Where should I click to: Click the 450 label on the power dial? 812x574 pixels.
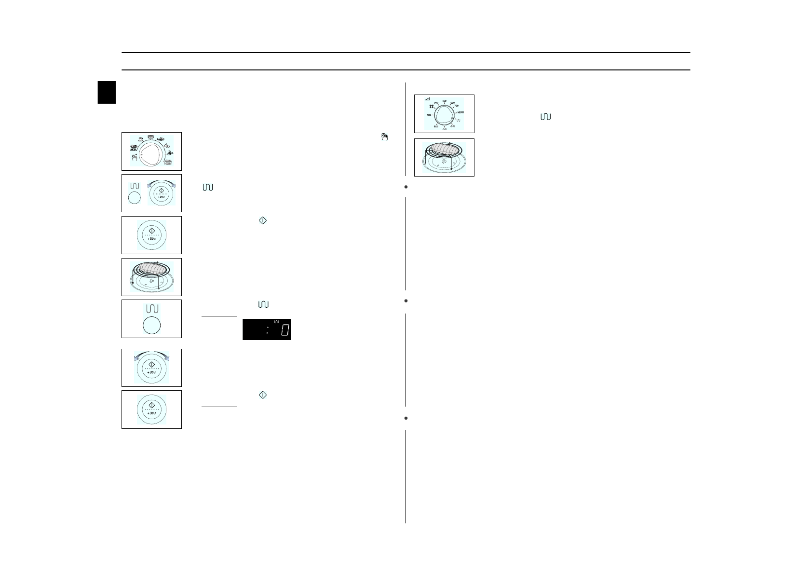(x=444, y=101)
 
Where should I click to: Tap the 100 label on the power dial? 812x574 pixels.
(x=429, y=115)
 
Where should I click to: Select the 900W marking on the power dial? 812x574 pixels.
(x=460, y=112)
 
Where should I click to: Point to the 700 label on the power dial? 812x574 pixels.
(x=456, y=106)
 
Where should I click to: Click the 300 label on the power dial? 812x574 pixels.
(x=436, y=103)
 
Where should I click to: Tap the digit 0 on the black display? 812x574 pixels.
(x=285, y=330)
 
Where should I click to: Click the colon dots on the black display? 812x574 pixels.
(x=267, y=330)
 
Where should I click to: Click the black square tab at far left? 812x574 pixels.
(x=107, y=92)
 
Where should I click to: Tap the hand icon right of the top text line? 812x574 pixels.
(x=384, y=137)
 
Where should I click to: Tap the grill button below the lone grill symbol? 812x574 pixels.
(x=151, y=326)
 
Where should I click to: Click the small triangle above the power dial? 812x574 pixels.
(x=427, y=98)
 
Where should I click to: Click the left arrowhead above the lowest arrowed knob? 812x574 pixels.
(x=135, y=358)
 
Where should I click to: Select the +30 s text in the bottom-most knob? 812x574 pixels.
(x=151, y=414)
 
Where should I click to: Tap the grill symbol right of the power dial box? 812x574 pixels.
(x=545, y=117)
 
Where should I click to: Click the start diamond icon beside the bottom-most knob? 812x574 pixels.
(x=262, y=395)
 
